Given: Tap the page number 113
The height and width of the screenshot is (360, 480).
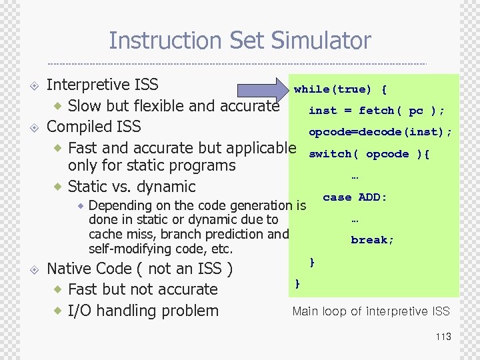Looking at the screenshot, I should tap(443, 337).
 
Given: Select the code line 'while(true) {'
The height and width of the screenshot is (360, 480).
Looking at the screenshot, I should tap(340, 89).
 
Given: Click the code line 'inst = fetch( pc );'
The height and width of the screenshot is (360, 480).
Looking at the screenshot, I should tap(376, 111).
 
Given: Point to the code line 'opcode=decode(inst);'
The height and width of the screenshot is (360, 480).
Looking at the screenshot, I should tap(380, 132).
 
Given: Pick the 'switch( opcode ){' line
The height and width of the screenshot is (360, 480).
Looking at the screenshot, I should tap(369, 154).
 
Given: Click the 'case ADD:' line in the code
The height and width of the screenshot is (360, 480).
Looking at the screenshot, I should tap(355, 197).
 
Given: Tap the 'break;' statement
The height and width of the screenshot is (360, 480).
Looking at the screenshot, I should tap(373, 240).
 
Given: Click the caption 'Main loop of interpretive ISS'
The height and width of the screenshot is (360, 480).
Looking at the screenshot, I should tap(371, 311).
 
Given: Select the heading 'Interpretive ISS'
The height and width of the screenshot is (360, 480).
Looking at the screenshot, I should tap(103, 85).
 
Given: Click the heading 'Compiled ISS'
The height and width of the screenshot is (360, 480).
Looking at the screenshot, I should tap(94, 126).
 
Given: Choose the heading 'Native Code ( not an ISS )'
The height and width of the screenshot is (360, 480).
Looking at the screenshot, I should tap(140, 269).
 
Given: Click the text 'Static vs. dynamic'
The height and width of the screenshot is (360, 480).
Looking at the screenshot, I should tap(132, 187).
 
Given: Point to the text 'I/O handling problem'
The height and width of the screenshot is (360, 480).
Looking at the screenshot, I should tap(143, 311).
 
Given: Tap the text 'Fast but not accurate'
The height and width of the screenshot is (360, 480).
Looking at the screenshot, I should tap(143, 289).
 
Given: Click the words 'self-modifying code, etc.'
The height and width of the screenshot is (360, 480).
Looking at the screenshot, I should tap(161, 249).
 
